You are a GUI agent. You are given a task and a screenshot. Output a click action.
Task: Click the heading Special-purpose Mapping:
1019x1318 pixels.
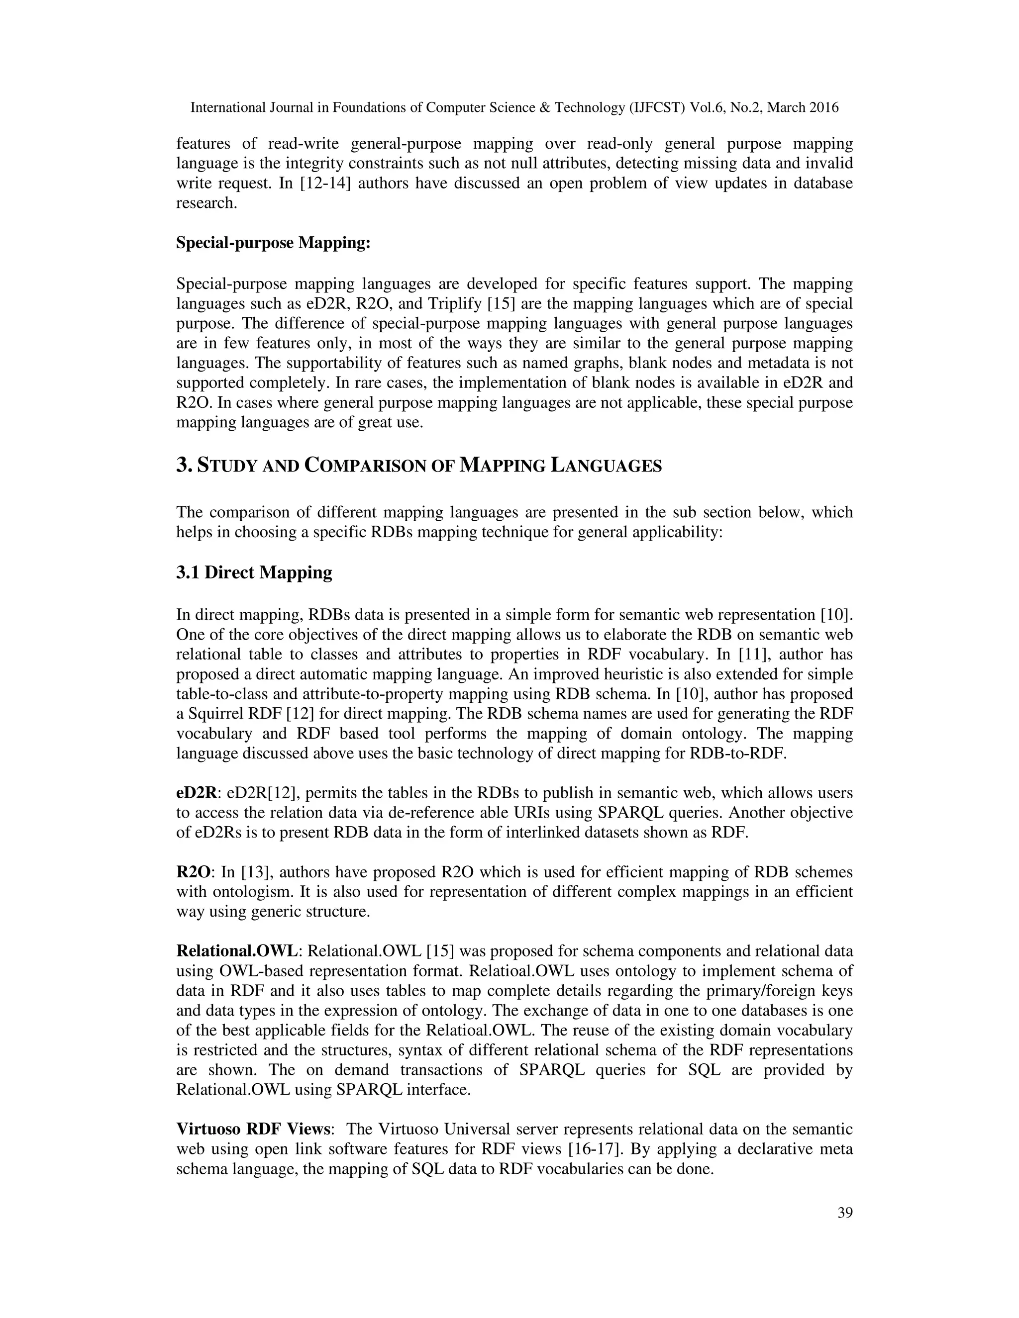tap(273, 243)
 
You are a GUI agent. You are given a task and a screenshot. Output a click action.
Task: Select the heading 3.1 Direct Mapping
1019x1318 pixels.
tap(254, 572)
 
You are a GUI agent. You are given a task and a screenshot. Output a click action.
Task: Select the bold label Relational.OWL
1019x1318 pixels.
tap(237, 951)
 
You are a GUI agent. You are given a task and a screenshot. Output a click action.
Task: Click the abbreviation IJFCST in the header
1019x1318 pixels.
tap(659, 108)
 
